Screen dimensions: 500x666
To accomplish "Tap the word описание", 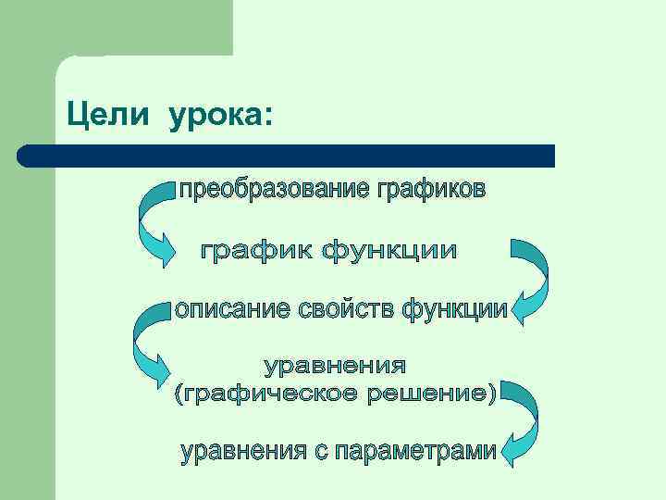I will point(233,309).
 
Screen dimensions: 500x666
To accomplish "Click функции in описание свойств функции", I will point(454,309).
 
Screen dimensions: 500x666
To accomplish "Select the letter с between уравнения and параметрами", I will point(320,453).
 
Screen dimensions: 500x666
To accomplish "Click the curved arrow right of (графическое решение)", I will point(524,421).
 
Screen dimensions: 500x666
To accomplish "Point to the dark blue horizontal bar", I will point(287,155).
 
